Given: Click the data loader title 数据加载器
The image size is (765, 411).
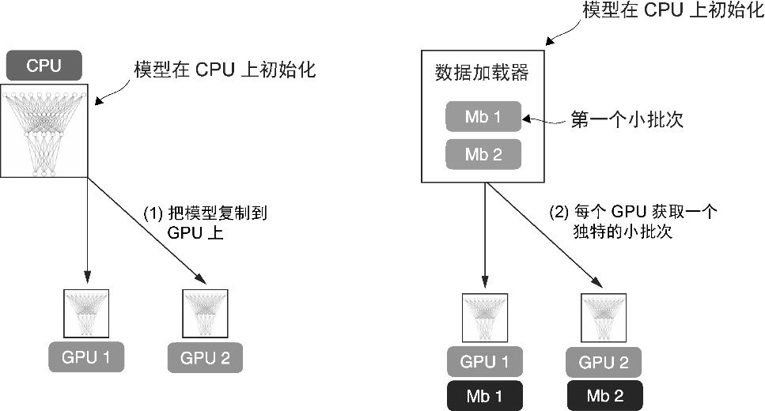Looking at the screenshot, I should click(482, 74).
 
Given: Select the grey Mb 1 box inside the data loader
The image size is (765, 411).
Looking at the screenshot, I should click(483, 117).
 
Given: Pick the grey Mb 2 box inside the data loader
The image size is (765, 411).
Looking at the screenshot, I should click(483, 154).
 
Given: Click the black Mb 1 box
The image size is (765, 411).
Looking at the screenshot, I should click(483, 395).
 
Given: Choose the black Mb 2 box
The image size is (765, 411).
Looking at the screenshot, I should click(604, 395).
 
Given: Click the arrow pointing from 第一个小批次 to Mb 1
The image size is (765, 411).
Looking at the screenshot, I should click(546, 119).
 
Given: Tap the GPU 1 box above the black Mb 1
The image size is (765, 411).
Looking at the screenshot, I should click(483, 362).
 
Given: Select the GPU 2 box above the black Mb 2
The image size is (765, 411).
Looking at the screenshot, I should click(604, 362).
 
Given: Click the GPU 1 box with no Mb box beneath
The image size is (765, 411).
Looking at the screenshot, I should click(85, 358).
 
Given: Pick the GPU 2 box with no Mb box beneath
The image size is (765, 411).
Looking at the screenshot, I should click(205, 358).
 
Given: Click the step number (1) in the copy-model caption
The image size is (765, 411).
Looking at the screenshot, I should click(152, 213).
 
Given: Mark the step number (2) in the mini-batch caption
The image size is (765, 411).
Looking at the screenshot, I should click(559, 212).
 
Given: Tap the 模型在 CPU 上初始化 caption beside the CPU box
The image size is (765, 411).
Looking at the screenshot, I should click(225, 70).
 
